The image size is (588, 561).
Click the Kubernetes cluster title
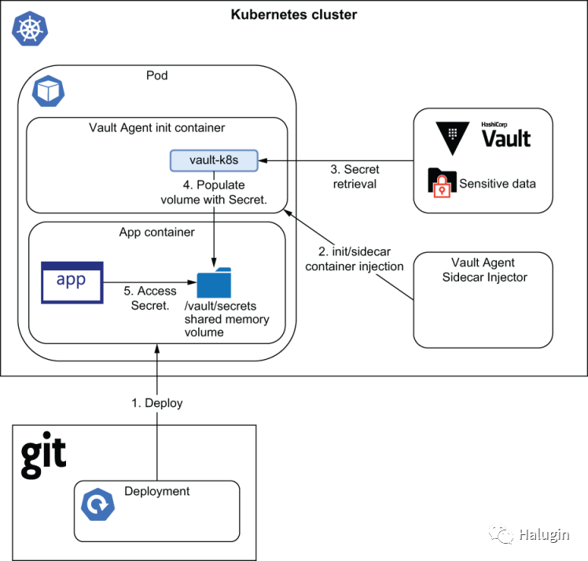pyautogui.click(x=294, y=14)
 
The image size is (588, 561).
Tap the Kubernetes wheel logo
pyautogui.click(x=28, y=30)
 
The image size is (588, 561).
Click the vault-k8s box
pyautogui.click(x=214, y=160)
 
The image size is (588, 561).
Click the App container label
pyautogui.click(x=156, y=233)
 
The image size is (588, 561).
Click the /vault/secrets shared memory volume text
pyautogui.click(x=226, y=318)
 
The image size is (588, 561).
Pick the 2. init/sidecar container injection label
pyautogui.click(x=355, y=258)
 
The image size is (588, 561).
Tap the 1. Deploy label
pyautogui.click(x=156, y=403)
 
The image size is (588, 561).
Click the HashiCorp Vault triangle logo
pyautogui.click(x=453, y=137)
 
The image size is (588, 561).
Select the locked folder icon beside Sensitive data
pyautogui.click(x=441, y=181)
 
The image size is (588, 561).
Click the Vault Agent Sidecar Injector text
pyautogui.click(x=484, y=269)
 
